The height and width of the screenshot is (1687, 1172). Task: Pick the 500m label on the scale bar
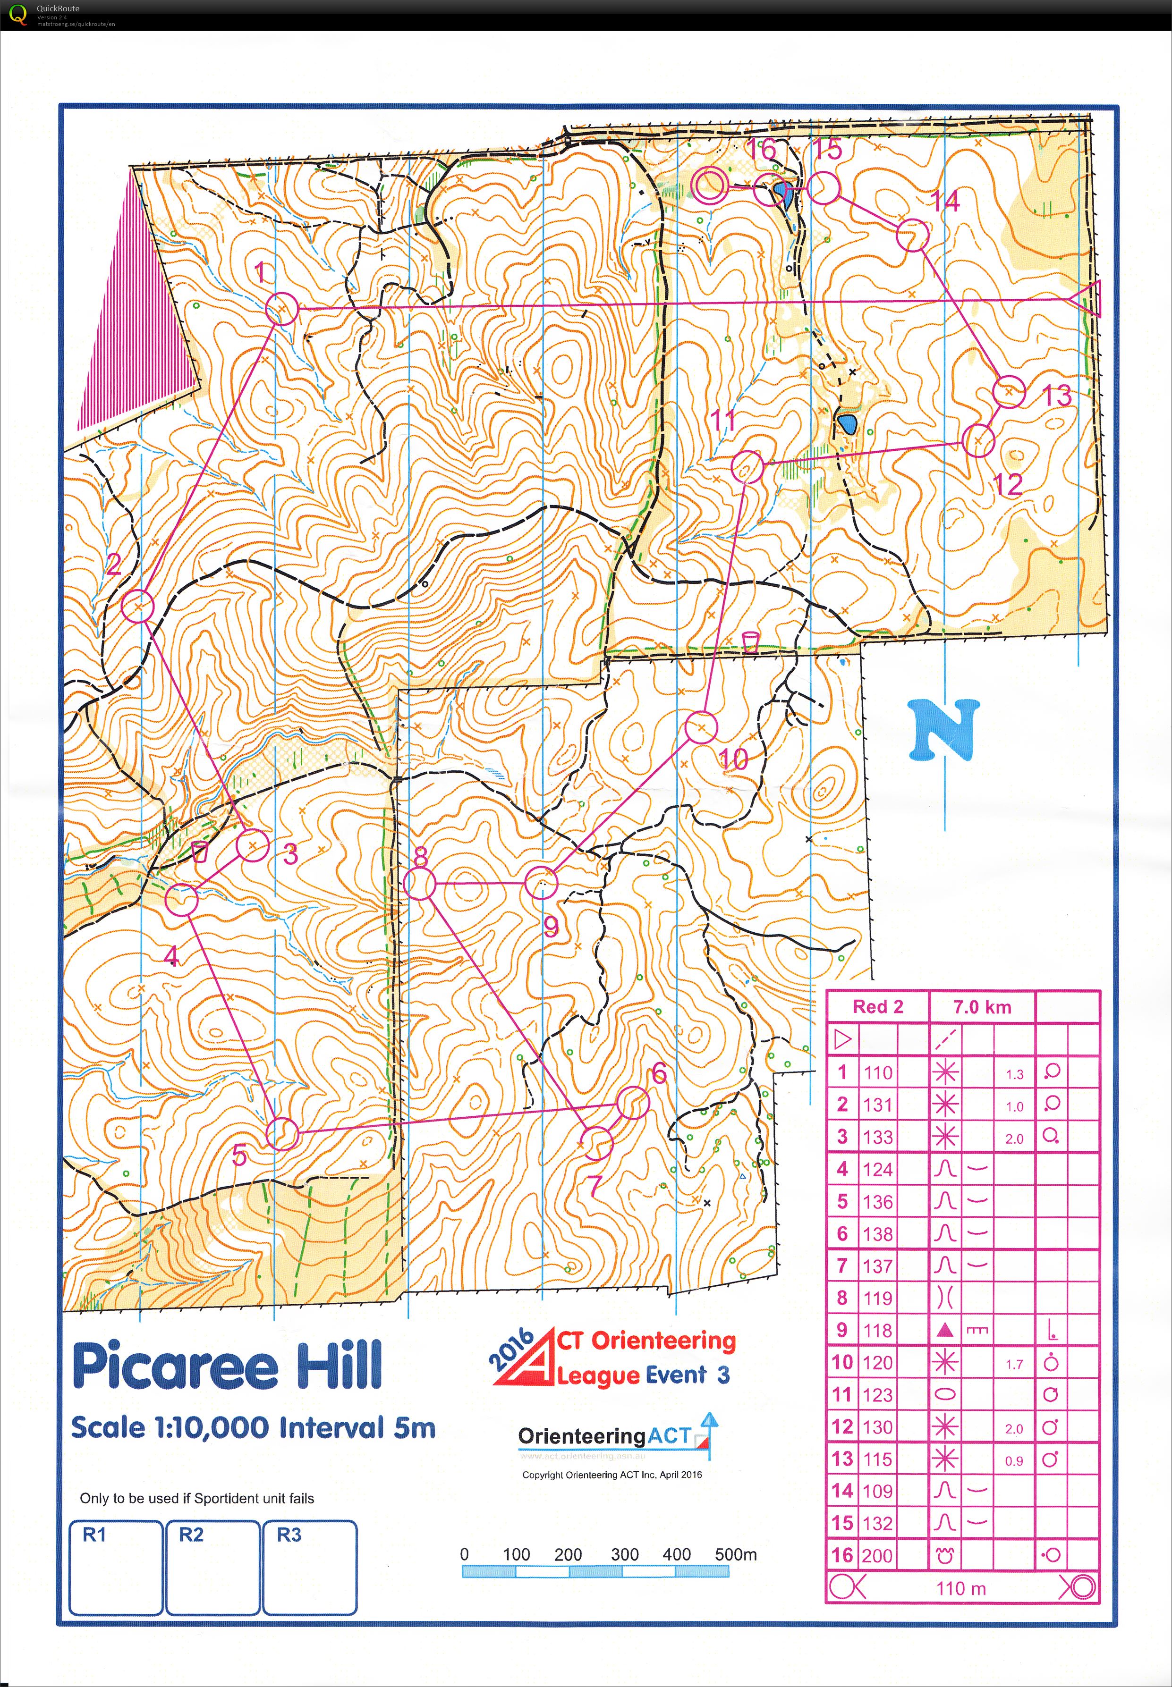735,1554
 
